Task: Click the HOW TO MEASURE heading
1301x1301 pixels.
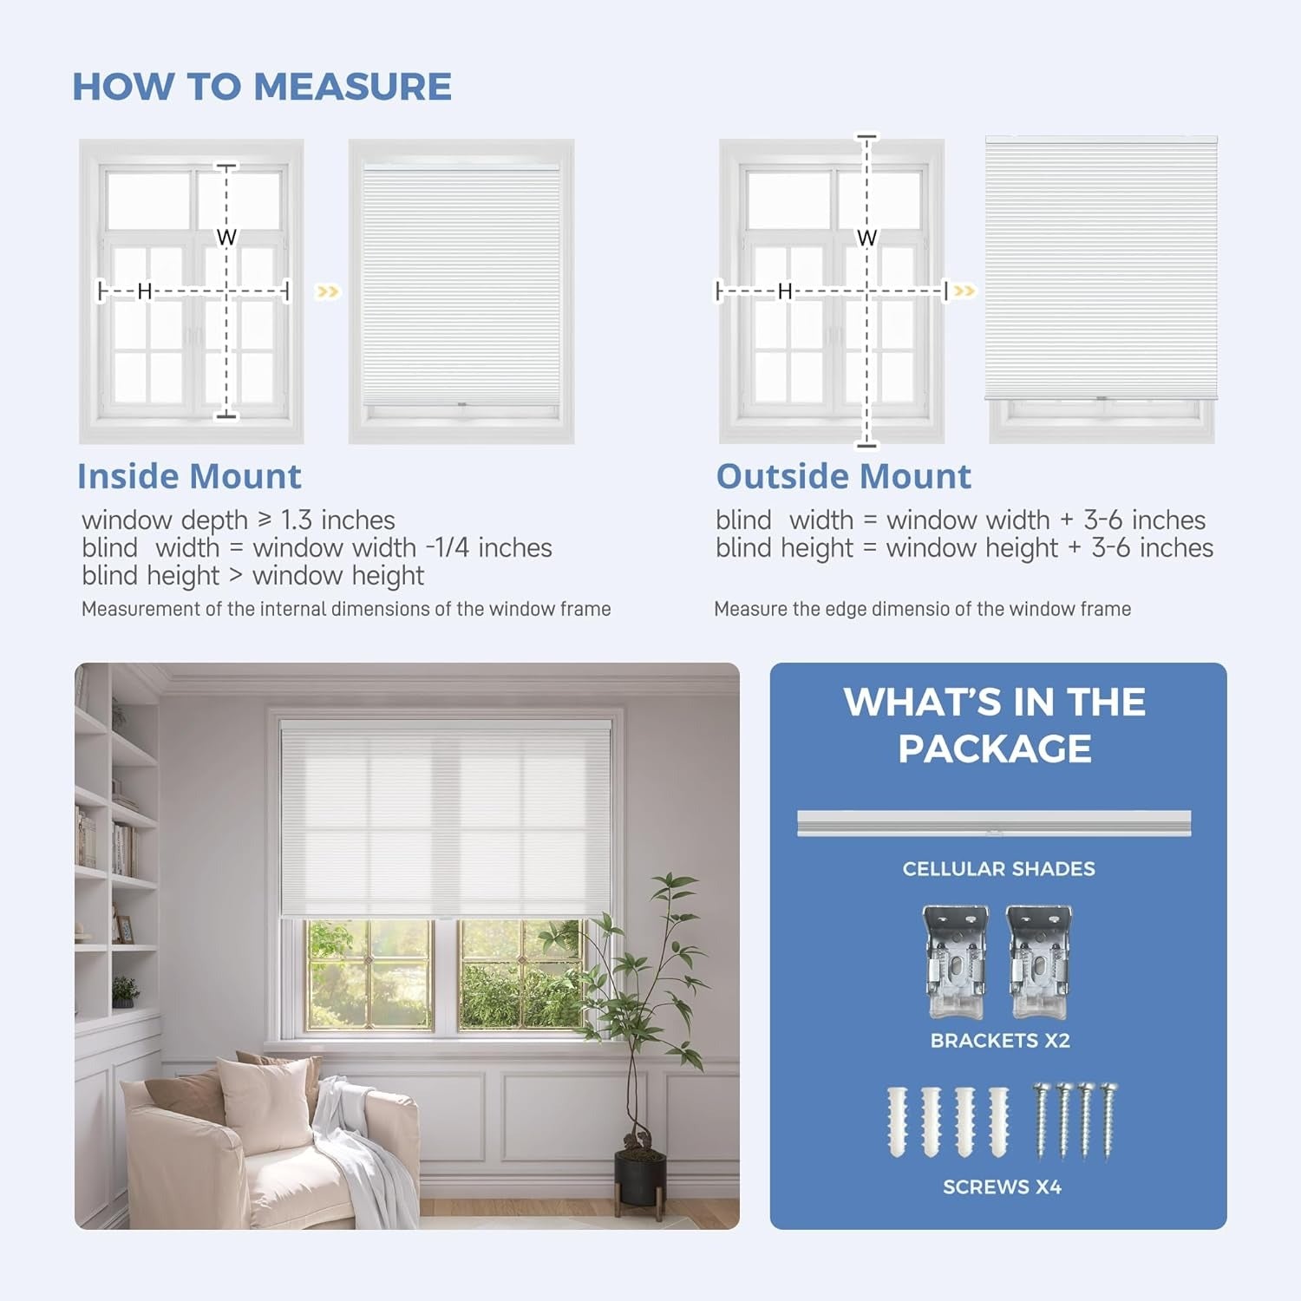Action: [x=261, y=87]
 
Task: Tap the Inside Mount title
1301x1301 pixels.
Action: [x=189, y=476]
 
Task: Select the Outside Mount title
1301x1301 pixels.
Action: [x=843, y=476]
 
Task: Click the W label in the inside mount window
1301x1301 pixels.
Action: [x=226, y=237]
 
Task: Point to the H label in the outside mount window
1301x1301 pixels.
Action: [x=785, y=291]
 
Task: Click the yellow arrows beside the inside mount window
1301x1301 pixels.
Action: [x=327, y=291]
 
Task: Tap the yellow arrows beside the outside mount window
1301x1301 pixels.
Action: [x=964, y=291]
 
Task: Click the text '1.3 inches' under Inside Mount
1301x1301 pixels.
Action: [x=338, y=520]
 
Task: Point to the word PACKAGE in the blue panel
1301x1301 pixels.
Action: [x=995, y=749]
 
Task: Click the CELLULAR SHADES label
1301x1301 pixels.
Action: [x=998, y=869]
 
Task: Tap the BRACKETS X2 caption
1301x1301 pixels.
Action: [x=1000, y=1041]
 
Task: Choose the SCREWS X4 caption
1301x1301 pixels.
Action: [x=1002, y=1187]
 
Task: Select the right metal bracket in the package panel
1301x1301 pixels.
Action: [x=1039, y=961]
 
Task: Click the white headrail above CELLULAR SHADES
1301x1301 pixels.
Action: [x=994, y=823]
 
